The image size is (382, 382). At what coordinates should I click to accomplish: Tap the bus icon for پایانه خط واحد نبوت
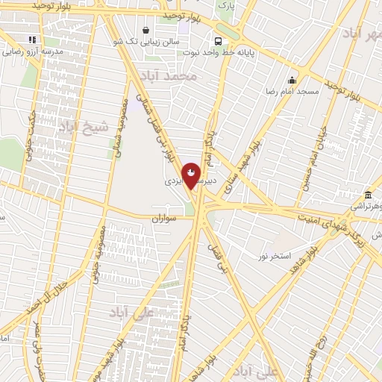pyautogui.click(x=218, y=42)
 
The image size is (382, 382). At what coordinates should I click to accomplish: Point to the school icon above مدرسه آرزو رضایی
pyautogui.click(x=31, y=40)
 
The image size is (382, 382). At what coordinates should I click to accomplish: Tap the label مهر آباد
pyautogui.click(x=362, y=34)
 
